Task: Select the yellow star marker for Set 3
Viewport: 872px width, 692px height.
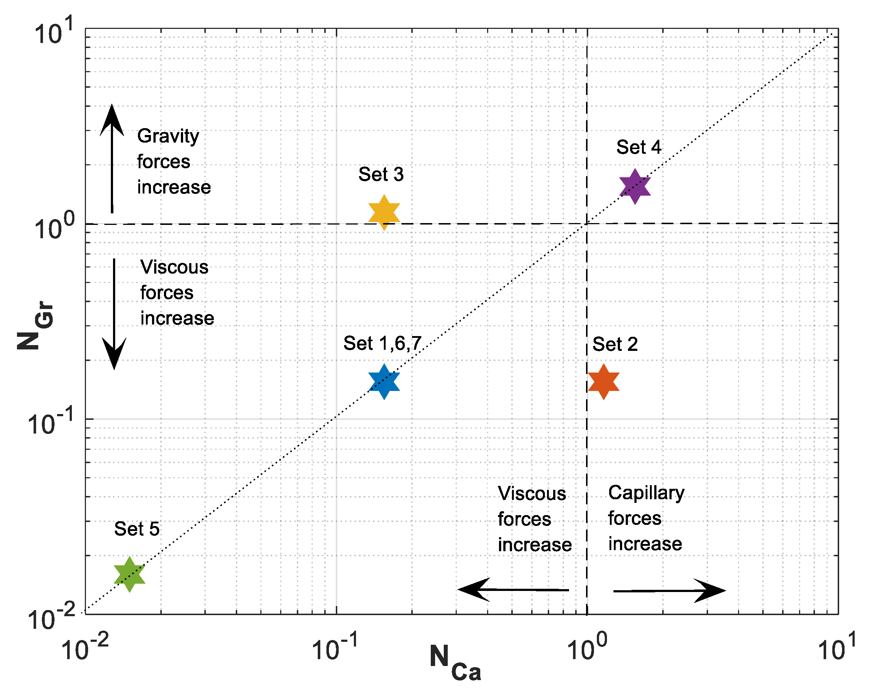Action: [384, 212]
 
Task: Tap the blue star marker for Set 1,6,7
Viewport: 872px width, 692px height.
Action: [384, 382]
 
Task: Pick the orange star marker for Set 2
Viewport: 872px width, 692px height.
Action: [603, 382]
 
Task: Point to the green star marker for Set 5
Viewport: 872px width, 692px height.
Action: [129, 574]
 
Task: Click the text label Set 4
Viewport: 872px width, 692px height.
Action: [638, 147]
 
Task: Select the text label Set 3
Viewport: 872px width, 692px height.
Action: [381, 174]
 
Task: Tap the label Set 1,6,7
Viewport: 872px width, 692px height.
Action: [382, 343]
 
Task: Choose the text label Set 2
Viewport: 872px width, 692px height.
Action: [615, 344]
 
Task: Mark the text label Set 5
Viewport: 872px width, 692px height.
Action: [137, 529]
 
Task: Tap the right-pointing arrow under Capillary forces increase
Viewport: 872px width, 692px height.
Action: [669, 591]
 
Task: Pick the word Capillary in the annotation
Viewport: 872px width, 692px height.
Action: [646, 493]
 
